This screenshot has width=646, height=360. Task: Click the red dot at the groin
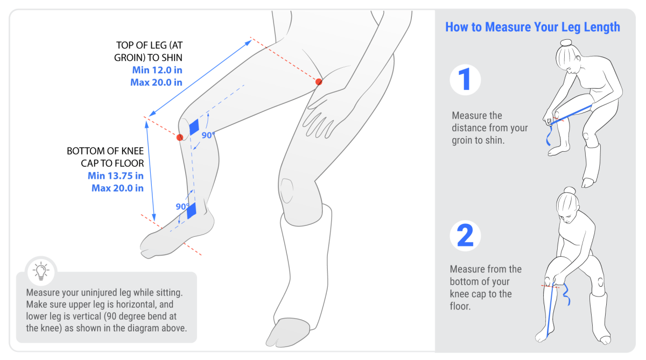pos(319,82)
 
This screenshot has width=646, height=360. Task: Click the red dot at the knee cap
pos(180,138)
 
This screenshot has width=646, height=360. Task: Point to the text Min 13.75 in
pos(116,175)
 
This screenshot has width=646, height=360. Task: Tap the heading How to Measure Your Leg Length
pos(532,27)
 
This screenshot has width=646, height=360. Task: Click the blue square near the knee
pos(194,126)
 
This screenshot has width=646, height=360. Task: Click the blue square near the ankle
pos(192,210)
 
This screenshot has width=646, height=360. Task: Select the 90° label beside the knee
pos(208,136)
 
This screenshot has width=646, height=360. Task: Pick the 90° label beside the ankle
pos(181,207)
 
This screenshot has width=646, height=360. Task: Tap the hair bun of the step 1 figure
pos(566,43)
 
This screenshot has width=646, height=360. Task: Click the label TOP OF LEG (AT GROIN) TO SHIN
pos(149,52)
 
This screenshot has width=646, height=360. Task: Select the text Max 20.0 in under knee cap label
pos(117,188)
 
